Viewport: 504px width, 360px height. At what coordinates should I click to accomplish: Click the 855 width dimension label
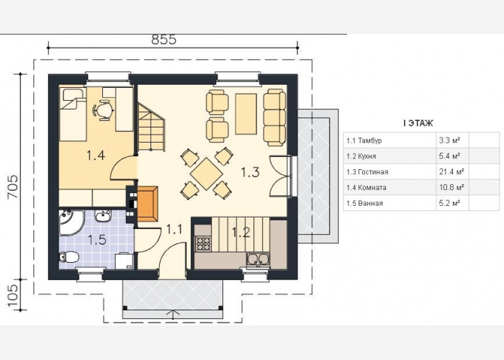point(164,40)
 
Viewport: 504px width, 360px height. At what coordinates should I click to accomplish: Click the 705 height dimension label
point(13,187)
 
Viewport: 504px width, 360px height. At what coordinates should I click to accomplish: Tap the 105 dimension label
point(13,297)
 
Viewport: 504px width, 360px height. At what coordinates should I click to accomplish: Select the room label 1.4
point(96,156)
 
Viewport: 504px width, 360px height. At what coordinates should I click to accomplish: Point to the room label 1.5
point(97,240)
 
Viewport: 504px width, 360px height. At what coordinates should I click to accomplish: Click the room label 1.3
point(250,173)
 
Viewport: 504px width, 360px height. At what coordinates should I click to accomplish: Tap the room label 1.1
point(174,230)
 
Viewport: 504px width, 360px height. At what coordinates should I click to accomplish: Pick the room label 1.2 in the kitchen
point(241,232)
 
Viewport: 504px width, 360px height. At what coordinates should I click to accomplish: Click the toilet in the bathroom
point(69,257)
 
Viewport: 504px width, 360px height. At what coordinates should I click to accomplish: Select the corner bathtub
point(71,222)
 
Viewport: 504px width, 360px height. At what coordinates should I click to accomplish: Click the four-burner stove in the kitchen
point(204,243)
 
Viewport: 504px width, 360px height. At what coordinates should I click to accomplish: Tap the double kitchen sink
point(258,260)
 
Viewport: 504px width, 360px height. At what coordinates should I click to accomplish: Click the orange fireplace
point(148,204)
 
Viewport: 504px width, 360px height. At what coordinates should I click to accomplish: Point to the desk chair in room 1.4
point(104,111)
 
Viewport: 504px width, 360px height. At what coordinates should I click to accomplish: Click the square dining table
point(206,174)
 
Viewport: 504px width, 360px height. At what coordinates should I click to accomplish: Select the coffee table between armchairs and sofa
point(246,114)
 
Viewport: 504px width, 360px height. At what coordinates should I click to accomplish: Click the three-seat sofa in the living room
point(274,117)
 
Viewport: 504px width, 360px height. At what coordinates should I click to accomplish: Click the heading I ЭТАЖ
point(418,123)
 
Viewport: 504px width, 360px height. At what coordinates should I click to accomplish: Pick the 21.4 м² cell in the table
point(451,171)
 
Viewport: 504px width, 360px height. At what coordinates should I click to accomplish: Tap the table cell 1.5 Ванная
point(364,203)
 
